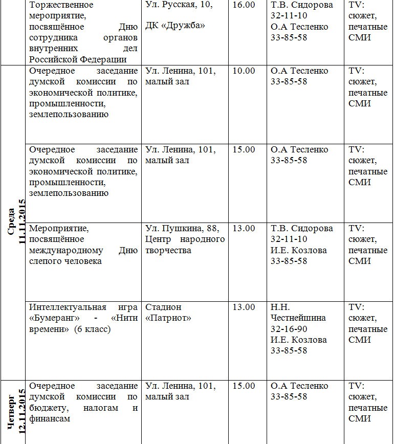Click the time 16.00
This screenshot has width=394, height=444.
coord(243,5)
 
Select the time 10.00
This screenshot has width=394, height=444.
coord(243,71)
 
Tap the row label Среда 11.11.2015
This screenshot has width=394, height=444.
coord(17,223)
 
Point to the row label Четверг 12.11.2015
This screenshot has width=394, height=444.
coord(17,412)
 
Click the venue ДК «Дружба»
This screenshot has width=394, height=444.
coord(175,26)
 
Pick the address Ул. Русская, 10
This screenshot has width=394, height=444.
coord(179,5)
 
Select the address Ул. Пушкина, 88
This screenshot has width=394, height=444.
coord(180,229)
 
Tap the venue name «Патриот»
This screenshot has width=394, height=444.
coord(168,318)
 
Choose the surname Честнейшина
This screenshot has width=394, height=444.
coord(298,318)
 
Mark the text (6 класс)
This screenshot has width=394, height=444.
coord(92,329)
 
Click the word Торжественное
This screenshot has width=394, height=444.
coord(61,5)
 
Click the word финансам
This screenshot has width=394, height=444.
coord(49,418)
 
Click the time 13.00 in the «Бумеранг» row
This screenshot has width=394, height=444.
coord(243,307)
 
